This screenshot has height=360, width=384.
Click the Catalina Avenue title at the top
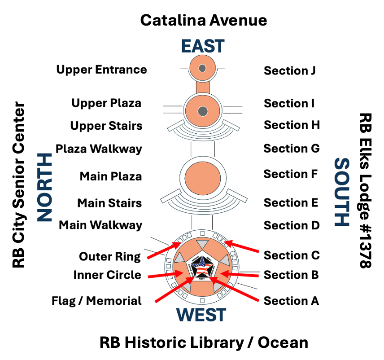[204, 20]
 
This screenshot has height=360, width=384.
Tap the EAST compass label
[203, 46]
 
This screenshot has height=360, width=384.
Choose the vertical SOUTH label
[342, 192]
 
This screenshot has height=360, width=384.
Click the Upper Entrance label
[101, 70]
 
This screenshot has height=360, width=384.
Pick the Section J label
[290, 70]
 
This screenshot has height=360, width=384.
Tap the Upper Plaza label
[106, 103]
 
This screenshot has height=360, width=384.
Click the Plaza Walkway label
[99, 148]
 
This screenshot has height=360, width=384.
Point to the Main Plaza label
[111, 176]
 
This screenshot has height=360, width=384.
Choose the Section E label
[291, 202]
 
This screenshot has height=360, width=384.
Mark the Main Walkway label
[100, 225]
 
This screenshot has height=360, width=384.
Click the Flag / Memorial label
[96, 301]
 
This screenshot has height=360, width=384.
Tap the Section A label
[291, 301]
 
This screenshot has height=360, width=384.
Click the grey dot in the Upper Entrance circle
[202, 68]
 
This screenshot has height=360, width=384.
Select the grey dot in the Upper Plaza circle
[203, 110]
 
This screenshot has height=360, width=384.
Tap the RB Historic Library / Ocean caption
[204, 343]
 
